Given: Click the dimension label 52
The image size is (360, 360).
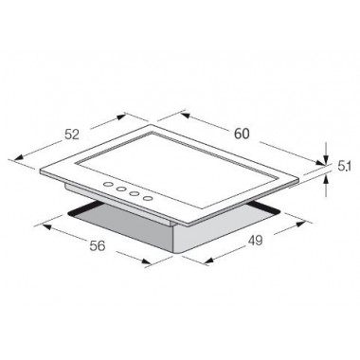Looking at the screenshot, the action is pos(72,135).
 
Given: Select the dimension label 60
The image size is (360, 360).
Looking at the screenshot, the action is pos(242,134).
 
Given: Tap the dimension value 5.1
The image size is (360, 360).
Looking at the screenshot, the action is pos(344,167).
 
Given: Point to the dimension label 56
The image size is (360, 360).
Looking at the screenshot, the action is pos(97,245).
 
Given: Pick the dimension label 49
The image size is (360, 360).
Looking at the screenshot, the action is pos(255,241).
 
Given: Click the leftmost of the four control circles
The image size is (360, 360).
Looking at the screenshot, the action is pos(108,185).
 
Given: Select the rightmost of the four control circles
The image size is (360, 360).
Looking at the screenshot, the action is pos(148,198).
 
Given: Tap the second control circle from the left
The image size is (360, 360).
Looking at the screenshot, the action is pos(121,189).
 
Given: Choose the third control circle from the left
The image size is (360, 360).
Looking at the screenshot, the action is pos(135,193).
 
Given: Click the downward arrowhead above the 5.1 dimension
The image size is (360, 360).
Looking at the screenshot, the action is pos(326,159).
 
